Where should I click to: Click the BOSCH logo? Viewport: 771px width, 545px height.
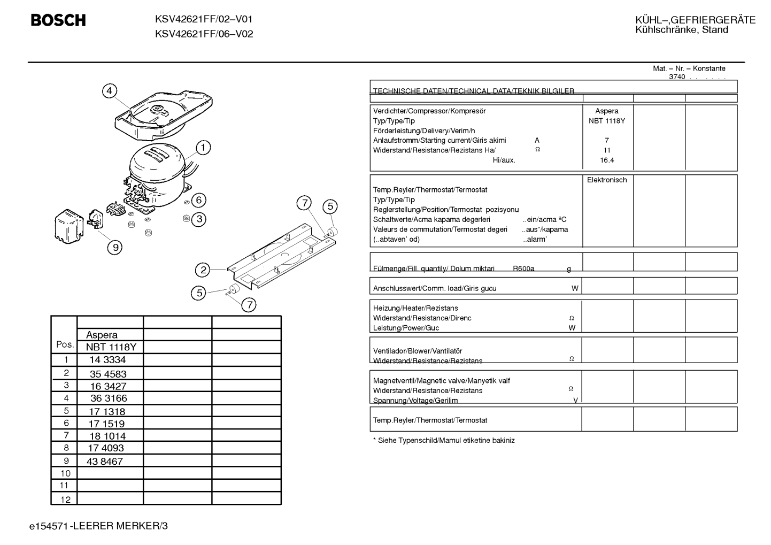point(58,20)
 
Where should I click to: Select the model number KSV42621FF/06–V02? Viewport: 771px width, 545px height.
point(204,34)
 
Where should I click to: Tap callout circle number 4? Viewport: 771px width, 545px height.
point(110,91)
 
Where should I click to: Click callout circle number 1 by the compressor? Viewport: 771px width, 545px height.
point(203,148)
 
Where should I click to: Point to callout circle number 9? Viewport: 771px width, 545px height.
point(115,247)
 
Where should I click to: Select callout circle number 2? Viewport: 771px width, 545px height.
point(203,270)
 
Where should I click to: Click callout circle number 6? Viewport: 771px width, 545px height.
point(198,200)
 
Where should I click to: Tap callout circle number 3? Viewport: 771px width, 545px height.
point(199,219)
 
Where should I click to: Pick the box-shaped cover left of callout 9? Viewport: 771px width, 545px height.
point(69,226)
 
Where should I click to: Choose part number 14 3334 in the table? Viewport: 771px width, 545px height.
point(107,360)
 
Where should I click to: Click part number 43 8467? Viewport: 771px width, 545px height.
point(105,462)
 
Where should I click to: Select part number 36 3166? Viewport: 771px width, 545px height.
point(109,398)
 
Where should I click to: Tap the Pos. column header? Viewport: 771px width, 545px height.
point(65,344)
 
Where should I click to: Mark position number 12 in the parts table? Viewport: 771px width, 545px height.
point(65,500)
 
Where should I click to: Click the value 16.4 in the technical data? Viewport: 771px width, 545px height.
point(607,160)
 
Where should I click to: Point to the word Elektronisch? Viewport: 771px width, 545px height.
point(607,180)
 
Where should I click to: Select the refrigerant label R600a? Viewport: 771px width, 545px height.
point(523,268)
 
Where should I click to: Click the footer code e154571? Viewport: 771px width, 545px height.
point(49,526)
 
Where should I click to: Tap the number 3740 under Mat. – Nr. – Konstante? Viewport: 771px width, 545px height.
point(677,77)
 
